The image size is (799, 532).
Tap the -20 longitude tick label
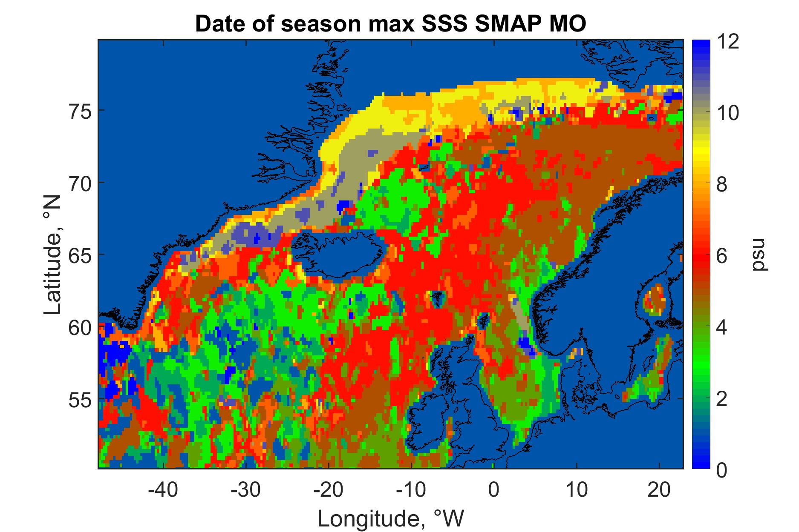(329, 490)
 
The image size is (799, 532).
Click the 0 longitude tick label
(493, 490)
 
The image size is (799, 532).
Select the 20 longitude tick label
(659, 490)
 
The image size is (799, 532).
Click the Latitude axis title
(53, 255)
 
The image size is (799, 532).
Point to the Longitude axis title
(390, 518)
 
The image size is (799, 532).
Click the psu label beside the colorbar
(759, 255)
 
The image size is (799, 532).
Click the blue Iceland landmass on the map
(345, 254)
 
